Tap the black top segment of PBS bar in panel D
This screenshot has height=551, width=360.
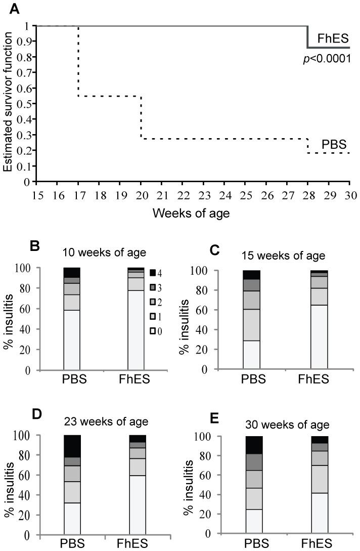point(72,446)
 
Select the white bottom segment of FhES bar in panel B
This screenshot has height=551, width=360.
point(136,330)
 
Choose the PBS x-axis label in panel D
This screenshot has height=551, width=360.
point(72,544)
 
